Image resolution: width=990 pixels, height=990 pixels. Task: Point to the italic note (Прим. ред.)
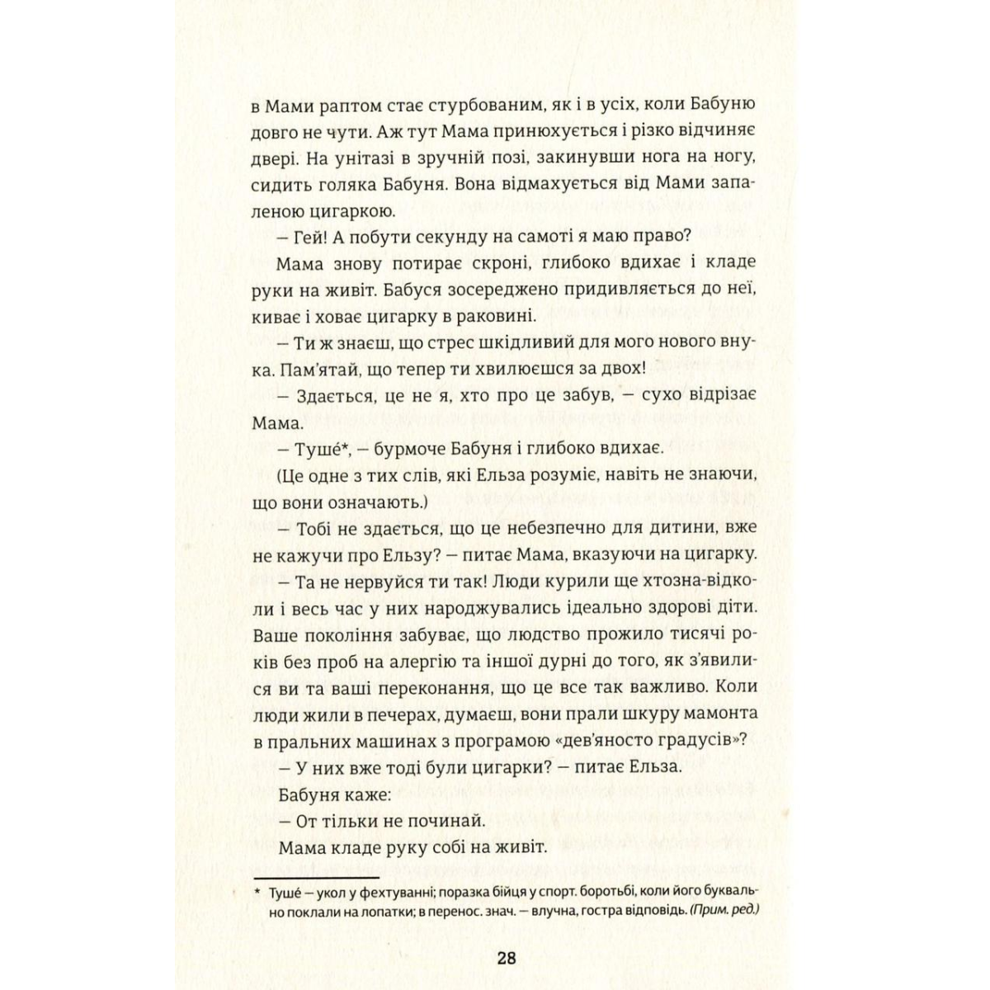pos(723,911)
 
